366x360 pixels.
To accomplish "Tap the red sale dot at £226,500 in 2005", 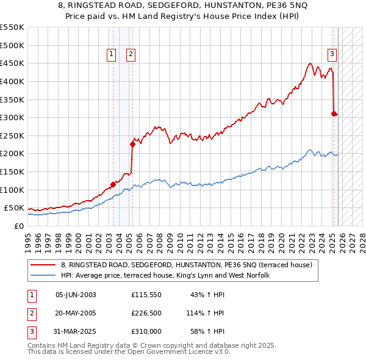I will click(132, 145).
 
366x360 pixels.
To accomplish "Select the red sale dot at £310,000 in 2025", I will click(334, 113).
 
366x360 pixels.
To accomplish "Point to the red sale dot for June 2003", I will click(113, 184).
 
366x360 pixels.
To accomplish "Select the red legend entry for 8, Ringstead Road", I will click(187, 265).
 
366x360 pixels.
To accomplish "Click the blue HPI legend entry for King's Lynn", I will click(169, 275).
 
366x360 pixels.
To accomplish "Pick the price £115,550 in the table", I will click(146, 295).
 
